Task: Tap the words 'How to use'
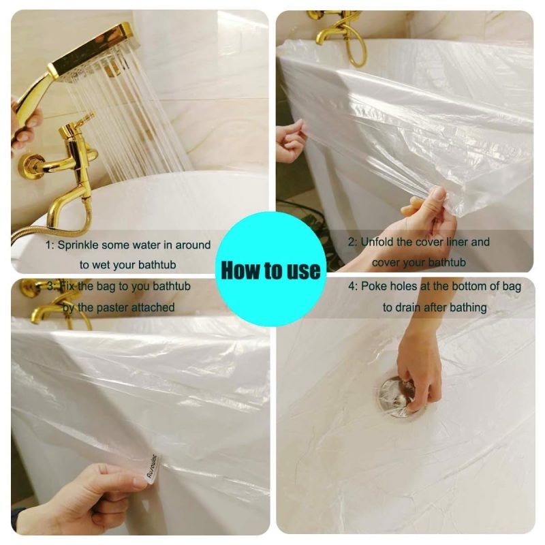[x=270, y=270]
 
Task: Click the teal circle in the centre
[x=270, y=269]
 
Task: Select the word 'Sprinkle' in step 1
[x=78, y=245]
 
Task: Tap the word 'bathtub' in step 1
[x=157, y=264]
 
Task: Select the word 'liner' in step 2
[x=456, y=242]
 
